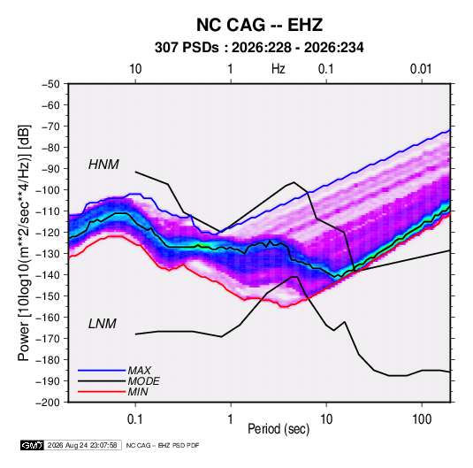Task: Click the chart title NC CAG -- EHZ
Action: [x=259, y=25]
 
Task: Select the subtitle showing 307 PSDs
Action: [x=259, y=48]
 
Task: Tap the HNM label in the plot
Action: [x=103, y=165]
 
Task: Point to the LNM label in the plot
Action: [x=103, y=324]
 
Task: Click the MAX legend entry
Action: [x=139, y=371]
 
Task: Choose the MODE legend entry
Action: [x=143, y=381]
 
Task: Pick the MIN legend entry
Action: [x=138, y=392]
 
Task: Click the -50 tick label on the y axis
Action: [x=50, y=84]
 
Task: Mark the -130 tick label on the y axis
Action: [x=48, y=254]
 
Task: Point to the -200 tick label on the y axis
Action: [x=48, y=403]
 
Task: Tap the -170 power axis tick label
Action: [x=48, y=339]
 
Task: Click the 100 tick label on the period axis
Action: [x=422, y=419]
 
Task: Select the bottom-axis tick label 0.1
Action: [x=135, y=419]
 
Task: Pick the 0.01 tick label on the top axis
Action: [x=421, y=69]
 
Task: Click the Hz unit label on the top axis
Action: [x=278, y=69]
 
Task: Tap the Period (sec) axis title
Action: [x=278, y=429]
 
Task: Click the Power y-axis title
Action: [x=25, y=243]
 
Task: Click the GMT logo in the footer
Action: [x=32, y=445]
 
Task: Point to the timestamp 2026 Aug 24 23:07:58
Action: [x=82, y=445]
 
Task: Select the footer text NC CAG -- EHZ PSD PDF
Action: [x=163, y=445]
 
